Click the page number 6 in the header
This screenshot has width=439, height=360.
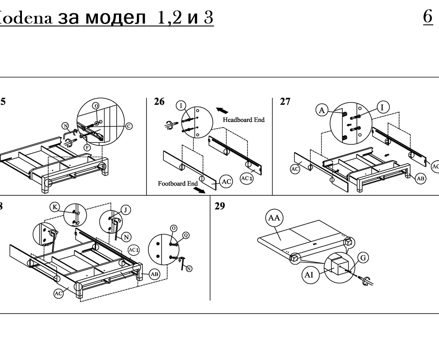pos(428,17)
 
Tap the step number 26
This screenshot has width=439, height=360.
pos(159,102)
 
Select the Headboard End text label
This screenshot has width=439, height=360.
pos(244,120)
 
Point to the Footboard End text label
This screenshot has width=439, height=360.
pos(178,184)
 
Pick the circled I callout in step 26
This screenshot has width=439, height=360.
pos(181,105)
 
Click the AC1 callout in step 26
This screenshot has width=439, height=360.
pos(247,178)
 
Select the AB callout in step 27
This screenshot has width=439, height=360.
pos(420,178)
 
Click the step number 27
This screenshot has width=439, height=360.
pos(285,102)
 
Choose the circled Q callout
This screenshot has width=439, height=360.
pos(186,235)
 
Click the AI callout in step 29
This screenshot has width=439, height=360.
pos(309,275)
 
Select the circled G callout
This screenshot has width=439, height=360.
pos(362,258)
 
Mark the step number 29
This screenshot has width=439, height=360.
pos(219,206)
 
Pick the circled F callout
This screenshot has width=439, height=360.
pos(87,148)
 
